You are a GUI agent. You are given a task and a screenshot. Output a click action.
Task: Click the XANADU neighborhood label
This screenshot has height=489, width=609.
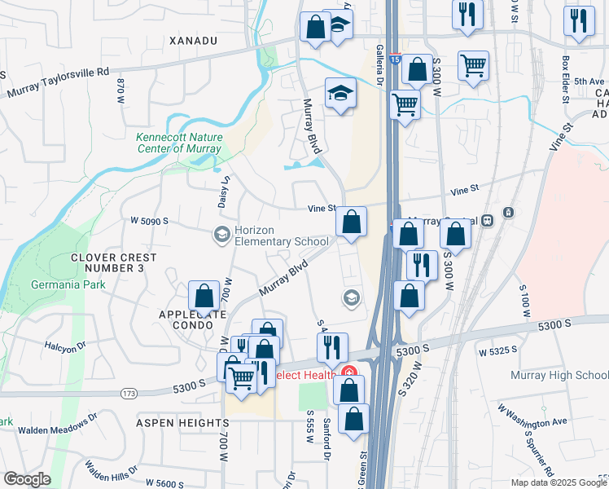tap(194, 40)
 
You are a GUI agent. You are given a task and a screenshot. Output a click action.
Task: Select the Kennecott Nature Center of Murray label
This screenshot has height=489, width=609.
tap(178, 143)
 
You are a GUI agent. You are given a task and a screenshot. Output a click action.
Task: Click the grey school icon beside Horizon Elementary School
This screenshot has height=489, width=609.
tap(221, 235)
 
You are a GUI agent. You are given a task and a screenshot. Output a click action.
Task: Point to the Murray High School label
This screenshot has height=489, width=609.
tap(559, 375)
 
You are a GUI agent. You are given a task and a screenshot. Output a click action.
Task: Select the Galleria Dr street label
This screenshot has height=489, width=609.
tap(379, 64)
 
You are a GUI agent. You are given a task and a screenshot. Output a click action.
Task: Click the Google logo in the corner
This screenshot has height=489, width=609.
tap(28, 478)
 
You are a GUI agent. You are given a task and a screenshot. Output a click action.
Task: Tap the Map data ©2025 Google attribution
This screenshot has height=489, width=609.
tap(559, 482)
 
